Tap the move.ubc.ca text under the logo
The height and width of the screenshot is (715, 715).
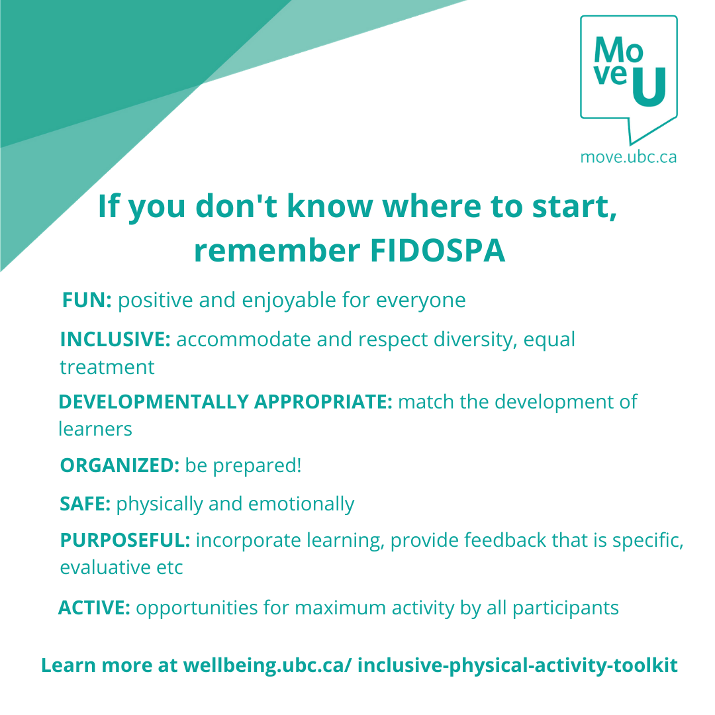click(x=628, y=158)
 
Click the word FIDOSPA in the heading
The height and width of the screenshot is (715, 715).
click(x=438, y=250)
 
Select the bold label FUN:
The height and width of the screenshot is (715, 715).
click(x=87, y=300)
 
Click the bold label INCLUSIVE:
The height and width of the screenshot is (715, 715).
click(x=115, y=339)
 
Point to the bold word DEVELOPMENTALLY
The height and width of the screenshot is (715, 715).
click(x=154, y=402)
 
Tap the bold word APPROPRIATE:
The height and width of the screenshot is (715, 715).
click(x=323, y=402)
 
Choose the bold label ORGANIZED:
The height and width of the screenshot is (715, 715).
click(x=120, y=465)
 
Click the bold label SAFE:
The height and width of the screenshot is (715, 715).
click(x=85, y=504)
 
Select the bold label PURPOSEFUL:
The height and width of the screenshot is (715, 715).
click(x=125, y=540)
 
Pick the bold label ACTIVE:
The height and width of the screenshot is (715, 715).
click(x=95, y=608)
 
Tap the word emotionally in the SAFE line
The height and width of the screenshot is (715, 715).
click(x=301, y=504)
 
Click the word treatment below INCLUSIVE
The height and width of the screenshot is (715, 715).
click(x=107, y=367)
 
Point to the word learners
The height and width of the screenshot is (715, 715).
click(x=95, y=429)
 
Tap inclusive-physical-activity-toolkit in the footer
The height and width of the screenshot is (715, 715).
click(x=518, y=666)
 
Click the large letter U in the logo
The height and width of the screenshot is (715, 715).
click(x=649, y=87)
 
